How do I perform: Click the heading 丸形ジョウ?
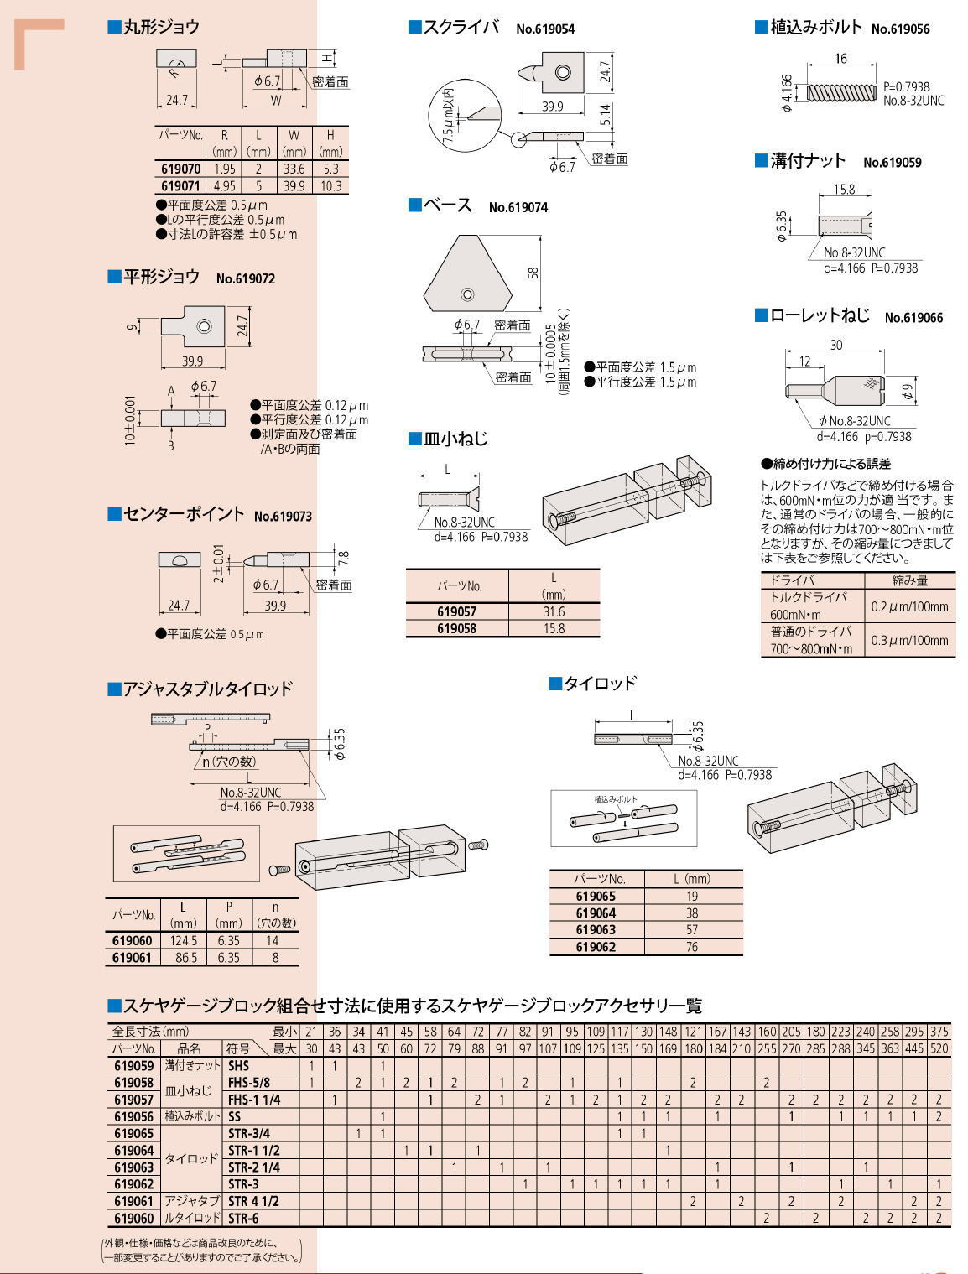tap(161, 27)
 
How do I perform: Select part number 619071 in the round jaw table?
tap(180, 185)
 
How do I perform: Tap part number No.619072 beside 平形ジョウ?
tap(245, 278)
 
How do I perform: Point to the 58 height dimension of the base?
tap(534, 273)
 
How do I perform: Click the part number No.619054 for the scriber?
tap(544, 29)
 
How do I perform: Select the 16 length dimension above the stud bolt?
tap(840, 59)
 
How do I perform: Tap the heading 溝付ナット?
tap(808, 161)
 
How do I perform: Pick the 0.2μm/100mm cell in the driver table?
tap(909, 606)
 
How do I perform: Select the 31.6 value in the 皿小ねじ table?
tap(554, 612)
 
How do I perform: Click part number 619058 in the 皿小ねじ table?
tap(457, 628)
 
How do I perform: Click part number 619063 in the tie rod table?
tap(596, 929)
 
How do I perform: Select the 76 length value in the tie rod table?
tap(692, 946)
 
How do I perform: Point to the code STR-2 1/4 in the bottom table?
tap(254, 1167)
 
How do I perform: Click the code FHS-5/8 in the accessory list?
tap(249, 1083)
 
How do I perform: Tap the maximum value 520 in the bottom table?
tap(939, 1048)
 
